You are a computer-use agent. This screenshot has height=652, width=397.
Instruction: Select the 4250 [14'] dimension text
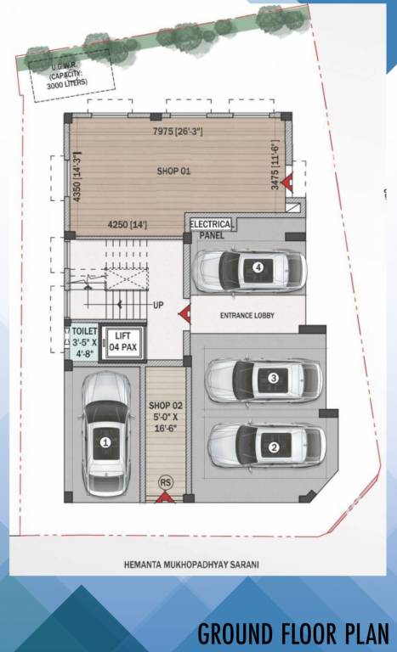127,225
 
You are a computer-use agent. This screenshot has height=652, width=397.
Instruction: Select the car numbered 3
264,379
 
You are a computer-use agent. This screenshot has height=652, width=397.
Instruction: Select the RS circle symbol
165,483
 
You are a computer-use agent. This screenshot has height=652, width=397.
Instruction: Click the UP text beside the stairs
157,305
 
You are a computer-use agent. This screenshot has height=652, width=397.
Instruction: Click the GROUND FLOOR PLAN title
292,633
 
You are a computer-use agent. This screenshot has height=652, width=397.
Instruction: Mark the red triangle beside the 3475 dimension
288,181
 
